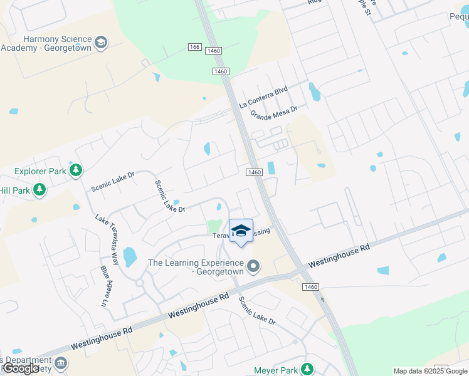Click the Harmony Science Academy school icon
101,43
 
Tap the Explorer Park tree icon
76,170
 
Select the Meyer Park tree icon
307,368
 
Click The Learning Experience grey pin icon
253,267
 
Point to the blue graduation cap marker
241,231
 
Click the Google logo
21,368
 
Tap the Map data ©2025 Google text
430,371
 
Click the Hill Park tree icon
40,189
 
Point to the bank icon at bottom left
61,363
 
